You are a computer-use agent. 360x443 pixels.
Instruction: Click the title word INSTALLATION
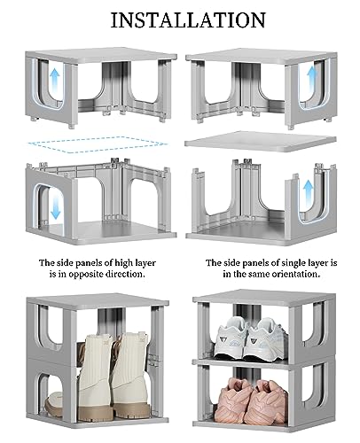[x=188, y=20]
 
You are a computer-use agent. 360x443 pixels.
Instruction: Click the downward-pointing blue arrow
[x=55, y=206]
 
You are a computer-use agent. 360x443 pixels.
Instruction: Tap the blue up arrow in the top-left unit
[x=55, y=78]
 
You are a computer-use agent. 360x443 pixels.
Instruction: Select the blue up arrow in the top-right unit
[x=311, y=77]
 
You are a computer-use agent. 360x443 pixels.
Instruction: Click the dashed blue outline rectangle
[x=97, y=144]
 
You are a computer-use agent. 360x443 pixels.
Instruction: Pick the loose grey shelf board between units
[x=260, y=142]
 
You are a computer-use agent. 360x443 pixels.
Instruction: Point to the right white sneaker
[x=269, y=340]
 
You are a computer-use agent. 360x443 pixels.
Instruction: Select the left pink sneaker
[x=233, y=399]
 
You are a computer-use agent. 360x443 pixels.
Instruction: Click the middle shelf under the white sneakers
[x=241, y=362]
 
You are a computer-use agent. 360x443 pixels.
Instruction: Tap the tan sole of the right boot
[x=132, y=411]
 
